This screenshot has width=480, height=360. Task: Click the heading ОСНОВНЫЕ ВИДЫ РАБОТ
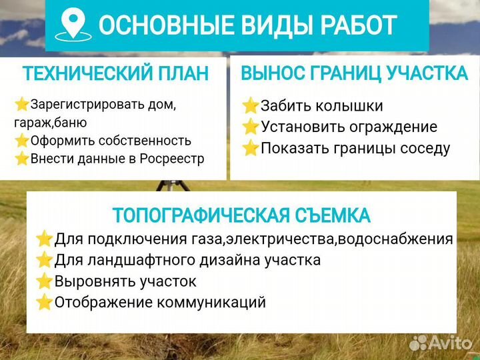pos(247,26)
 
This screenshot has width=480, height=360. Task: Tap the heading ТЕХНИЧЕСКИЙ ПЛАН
pos(115,73)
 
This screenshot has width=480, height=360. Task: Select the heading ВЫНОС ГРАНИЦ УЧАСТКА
pos(355,73)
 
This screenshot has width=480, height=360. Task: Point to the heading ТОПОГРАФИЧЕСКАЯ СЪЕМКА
pos(241,216)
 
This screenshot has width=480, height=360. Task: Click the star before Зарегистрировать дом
pos(22,105)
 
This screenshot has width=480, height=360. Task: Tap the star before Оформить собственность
pos(22,141)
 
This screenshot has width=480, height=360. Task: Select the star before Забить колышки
pos(251,106)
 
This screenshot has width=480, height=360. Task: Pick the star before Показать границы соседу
pos(251,149)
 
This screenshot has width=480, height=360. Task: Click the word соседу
pos(425,149)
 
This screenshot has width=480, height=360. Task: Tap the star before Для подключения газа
pos(45,239)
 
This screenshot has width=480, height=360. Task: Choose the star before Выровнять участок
pos(45,281)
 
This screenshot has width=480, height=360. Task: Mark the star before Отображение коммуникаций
pos(45,303)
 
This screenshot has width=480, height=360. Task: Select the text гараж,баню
pos(50,123)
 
